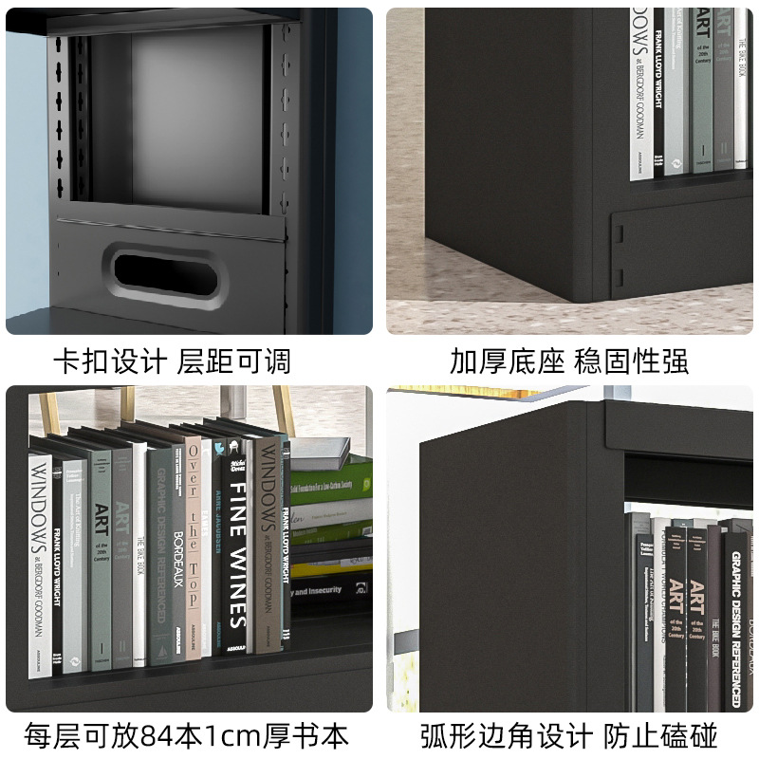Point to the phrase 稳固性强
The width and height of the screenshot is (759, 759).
pyautogui.click(x=631, y=361)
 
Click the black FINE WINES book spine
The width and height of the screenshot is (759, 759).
pyautogui.click(x=237, y=550)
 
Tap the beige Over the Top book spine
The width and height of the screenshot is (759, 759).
pyautogui.click(x=194, y=550)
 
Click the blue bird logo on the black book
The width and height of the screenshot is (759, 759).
pyautogui.click(x=233, y=453)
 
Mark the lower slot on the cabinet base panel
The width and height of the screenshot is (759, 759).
pyautogui.click(x=620, y=277)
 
